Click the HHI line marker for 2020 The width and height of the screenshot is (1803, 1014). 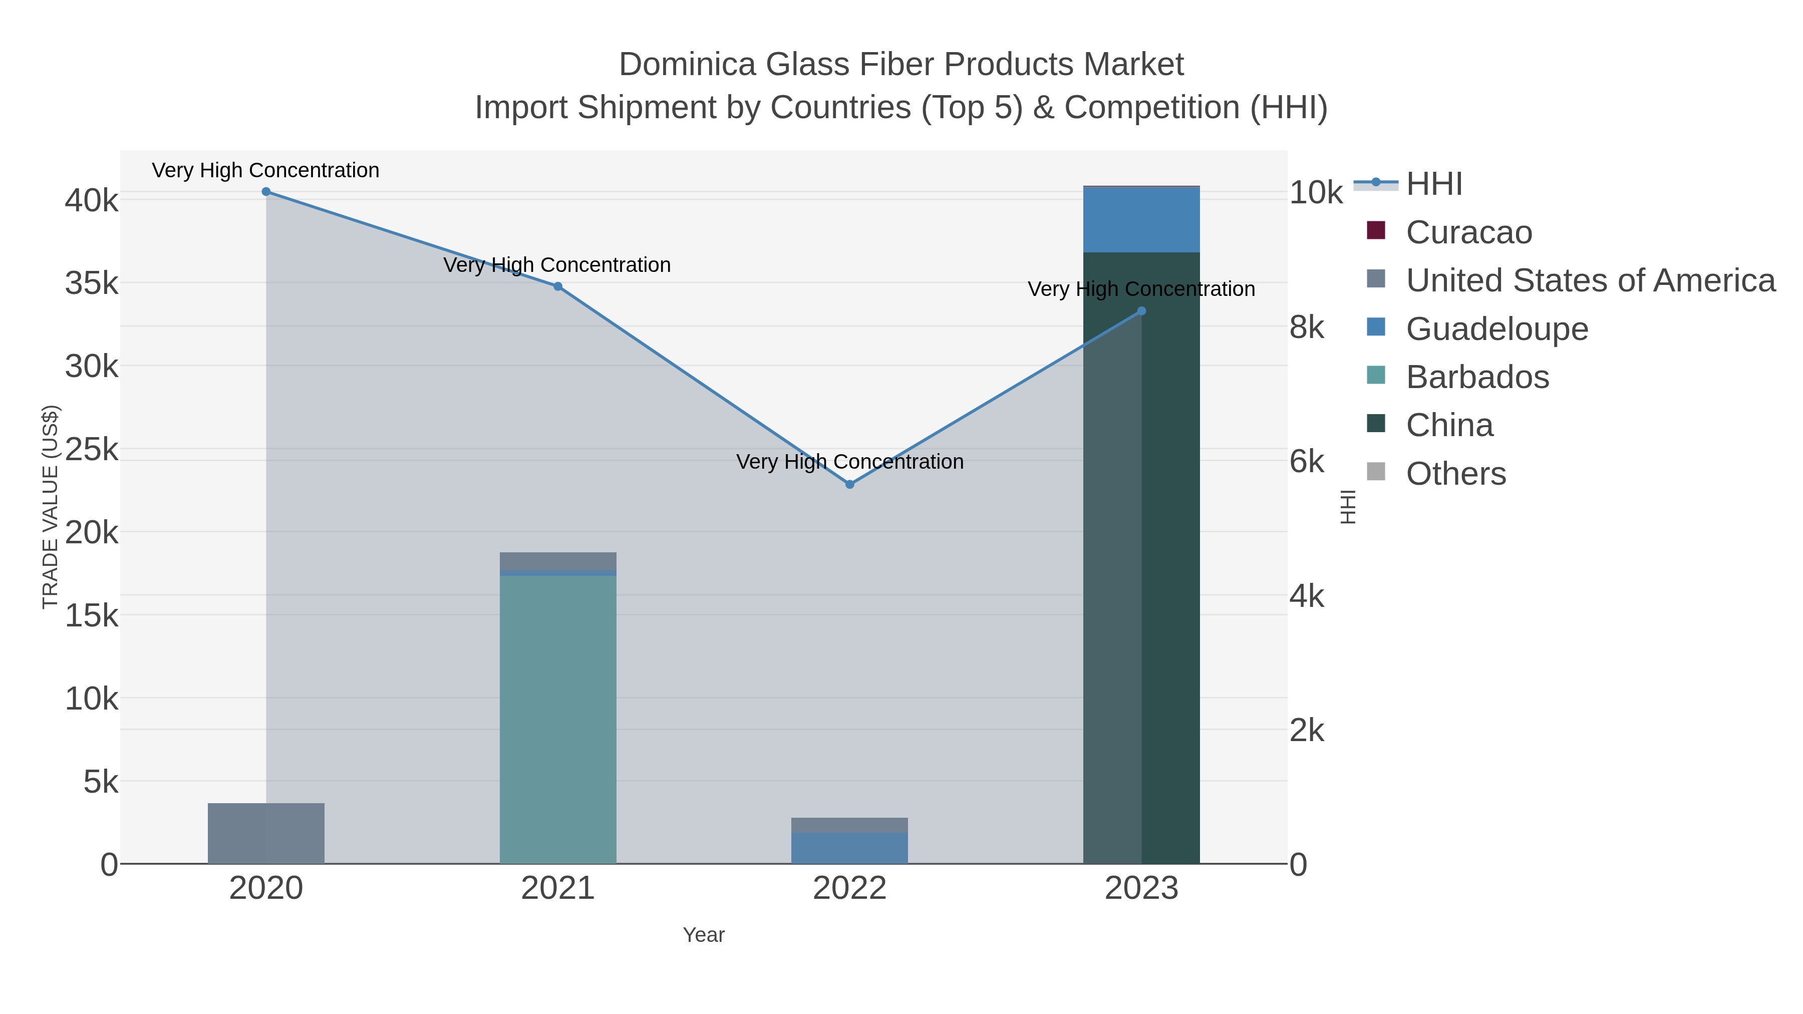[x=266, y=192]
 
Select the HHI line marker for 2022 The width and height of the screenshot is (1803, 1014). [x=850, y=484]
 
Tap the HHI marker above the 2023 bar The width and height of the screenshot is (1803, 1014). [x=1141, y=311]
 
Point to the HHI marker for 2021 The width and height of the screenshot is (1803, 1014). [x=558, y=286]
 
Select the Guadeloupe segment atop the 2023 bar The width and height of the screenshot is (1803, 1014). [x=1141, y=220]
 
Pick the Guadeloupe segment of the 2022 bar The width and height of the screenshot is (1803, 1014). [x=850, y=848]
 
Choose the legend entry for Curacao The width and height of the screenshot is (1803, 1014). [x=1468, y=232]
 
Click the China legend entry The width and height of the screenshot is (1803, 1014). [x=1449, y=426]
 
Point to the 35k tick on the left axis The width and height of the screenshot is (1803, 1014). [x=92, y=283]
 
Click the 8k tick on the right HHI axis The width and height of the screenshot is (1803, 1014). [x=1307, y=327]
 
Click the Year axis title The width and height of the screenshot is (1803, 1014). [x=704, y=935]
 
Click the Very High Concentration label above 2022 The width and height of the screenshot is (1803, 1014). [x=850, y=462]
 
